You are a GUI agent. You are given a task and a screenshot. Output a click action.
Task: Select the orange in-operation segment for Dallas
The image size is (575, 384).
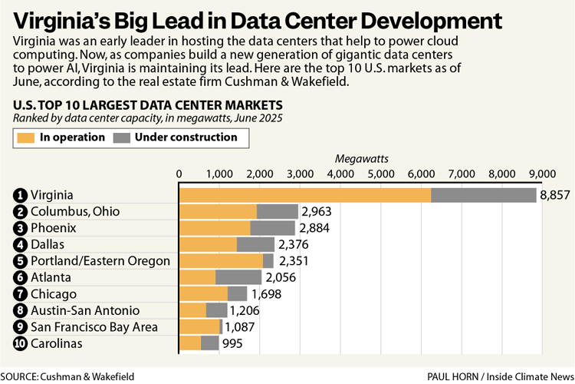[208, 244]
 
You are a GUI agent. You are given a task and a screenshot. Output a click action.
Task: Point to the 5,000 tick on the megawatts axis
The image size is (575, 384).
[381, 174]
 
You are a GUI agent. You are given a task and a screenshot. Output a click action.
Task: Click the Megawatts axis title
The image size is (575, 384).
[362, 158]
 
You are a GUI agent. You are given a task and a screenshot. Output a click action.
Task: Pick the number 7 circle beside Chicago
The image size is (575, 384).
[20, 294]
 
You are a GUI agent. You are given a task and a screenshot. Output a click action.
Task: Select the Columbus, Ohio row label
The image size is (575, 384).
[75, 211]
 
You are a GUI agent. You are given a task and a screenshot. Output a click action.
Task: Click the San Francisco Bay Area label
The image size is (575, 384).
[94, 327]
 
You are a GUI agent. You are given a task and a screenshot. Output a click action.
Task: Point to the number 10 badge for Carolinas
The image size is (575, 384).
[20, 344]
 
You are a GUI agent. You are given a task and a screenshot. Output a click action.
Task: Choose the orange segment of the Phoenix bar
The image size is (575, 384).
[215, 228]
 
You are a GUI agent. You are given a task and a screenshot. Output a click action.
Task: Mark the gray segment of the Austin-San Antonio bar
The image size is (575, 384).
[216, 310]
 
